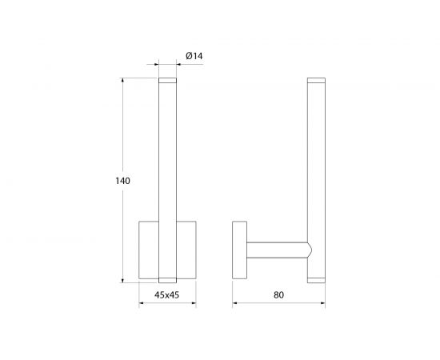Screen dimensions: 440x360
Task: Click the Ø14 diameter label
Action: click(x=194, y=56)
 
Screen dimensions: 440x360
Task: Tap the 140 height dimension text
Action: click(x=123, y=181)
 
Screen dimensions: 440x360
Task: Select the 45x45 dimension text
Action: click(x=166, y=295)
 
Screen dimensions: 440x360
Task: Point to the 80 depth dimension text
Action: click(x=278, y=295)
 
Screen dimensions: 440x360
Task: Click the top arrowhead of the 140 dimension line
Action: click(x=122, y=80)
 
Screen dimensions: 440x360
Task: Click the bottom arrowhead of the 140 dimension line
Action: click(x=122, y=280)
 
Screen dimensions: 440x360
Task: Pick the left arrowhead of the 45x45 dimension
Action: click(x=142, y=303)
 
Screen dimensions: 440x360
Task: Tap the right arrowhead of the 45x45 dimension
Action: click(x=194, y=303)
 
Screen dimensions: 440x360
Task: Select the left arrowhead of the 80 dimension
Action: click(x=235, y=303)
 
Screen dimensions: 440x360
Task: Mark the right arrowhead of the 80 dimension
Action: click(x=322, y=303)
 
